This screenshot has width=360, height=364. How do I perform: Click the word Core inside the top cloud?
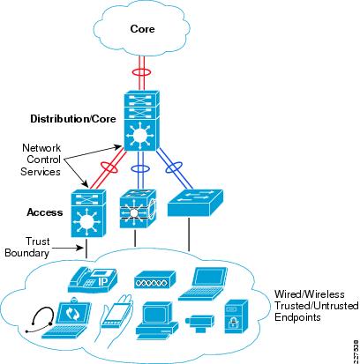point(142,29)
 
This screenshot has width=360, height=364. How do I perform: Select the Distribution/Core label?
point(73,119)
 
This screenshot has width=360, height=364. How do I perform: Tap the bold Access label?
point(45,212)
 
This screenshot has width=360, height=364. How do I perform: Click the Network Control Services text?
point(41,160)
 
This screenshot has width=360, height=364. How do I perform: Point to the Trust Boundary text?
point(27,248)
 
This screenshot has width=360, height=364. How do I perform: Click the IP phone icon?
point(93,280)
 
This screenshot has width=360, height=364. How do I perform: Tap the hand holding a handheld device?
point(116,319)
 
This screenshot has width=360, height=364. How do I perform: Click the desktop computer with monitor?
point(156,323)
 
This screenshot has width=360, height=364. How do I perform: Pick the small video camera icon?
point(199,323)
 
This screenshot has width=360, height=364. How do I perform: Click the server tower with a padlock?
point(236,316)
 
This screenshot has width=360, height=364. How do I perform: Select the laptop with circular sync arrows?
point(67,318)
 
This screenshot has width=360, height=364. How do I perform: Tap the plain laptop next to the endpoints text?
point(203,284)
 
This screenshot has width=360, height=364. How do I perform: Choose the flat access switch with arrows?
point(195,203)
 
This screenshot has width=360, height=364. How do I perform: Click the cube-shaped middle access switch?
point(138,209)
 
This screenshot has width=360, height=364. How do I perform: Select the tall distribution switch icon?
point(142,121)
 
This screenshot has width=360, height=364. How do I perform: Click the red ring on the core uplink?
point(142,72)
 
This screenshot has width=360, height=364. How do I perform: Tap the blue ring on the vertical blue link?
point(139,169)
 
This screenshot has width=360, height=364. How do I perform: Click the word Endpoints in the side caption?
point(297,317)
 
